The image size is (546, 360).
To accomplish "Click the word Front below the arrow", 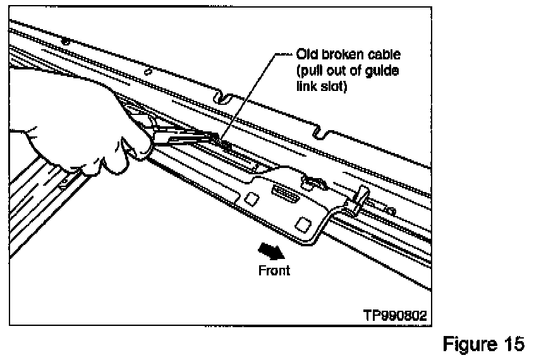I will (x=274, y=270).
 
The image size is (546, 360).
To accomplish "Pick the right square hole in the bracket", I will (x=302, y=223).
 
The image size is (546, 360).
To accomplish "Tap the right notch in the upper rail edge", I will (x=321, y=132).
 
